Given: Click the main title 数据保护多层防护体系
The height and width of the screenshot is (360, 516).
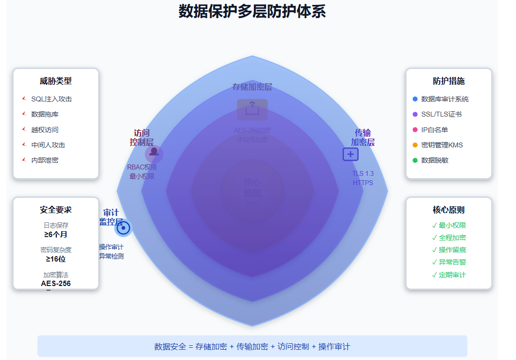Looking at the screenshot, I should click(252, 11).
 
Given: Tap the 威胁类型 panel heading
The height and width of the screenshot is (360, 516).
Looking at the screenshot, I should click(56, 81).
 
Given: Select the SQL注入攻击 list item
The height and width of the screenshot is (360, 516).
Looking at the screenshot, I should click(51, 99).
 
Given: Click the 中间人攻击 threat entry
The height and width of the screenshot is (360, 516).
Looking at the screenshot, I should click(48, 145).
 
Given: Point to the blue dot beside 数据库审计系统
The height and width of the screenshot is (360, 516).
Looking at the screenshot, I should click(415, 99).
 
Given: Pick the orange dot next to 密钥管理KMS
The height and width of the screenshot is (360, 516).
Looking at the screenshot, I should click(415, 145).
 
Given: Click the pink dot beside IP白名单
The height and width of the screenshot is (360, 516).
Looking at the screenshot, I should click(415, 130).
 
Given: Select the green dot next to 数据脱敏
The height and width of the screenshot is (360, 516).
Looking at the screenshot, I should click(415, 160).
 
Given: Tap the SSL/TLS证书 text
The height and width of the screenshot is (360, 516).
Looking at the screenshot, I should click(441, 114).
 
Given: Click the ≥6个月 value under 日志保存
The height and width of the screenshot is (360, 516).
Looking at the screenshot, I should click(56, 235).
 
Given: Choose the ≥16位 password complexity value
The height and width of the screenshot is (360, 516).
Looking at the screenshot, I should click(56, 259).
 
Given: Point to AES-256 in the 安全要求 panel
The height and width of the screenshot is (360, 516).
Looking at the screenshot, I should click(56, 284).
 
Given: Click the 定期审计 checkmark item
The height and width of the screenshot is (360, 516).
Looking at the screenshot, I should click(449, 275).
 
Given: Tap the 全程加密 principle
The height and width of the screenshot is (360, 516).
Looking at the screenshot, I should click(449, 238).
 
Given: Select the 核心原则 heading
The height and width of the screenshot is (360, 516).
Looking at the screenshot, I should click(448, 210).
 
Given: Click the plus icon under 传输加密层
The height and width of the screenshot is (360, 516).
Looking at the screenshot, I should click(350, 154).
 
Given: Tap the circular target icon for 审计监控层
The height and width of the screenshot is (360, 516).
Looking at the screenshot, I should click(123, 228).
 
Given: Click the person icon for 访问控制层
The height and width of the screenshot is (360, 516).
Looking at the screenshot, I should click(154, 152).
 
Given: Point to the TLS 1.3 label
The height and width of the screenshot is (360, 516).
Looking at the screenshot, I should click(363, 173).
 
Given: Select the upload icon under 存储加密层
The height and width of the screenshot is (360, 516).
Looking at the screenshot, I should click(252, 109).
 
